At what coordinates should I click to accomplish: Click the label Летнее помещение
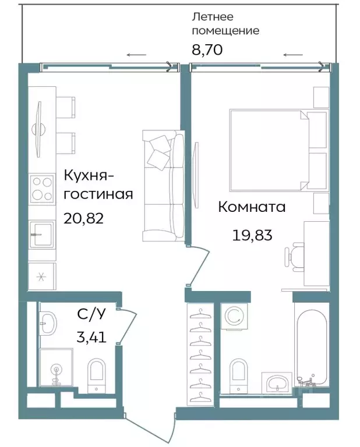pyautogui.click(x=225, y=24)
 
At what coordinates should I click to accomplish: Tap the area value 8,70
pyautogui.click(x=207, y=50)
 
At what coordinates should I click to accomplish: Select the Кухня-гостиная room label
pyautogui.click(x=97, y=185)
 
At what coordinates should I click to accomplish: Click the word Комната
pyautogui.click(x=252, y=207)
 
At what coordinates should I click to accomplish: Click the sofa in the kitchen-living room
pyautogui.click(x=163, y=186)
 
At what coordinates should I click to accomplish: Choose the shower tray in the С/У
pyautogui.click(x=55, y=367)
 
